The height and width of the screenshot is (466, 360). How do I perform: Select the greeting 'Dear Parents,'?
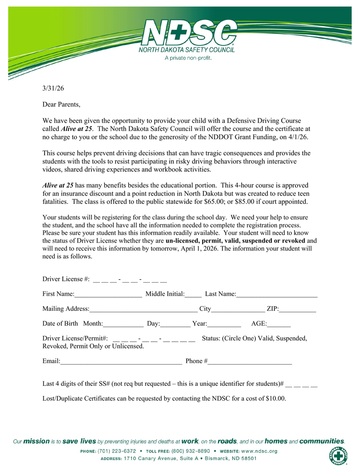(61, 105)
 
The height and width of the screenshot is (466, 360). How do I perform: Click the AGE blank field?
(279, 324)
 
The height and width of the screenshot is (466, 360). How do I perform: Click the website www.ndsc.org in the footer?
(259, 451)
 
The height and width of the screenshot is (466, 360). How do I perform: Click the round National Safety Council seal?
(338, 456)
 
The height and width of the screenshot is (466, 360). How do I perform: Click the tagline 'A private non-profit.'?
(188, 58)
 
